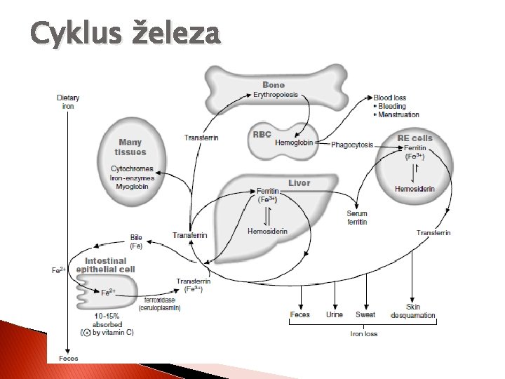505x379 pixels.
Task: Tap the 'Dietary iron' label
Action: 68,102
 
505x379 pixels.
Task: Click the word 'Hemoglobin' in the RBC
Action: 295,142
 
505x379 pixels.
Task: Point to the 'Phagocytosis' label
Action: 353,145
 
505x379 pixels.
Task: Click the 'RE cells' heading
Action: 415,138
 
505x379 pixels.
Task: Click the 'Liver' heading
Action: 299,183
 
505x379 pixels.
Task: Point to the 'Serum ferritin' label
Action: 357,218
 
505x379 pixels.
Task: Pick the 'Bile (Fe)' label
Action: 136,241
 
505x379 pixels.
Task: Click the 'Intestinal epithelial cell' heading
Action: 106,265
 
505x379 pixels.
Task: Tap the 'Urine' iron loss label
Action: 335,314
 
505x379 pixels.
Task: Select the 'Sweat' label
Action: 365,314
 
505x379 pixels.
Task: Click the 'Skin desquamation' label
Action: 421,311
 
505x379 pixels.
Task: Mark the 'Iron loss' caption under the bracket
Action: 364,333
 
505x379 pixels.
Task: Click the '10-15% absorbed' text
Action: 108,321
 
